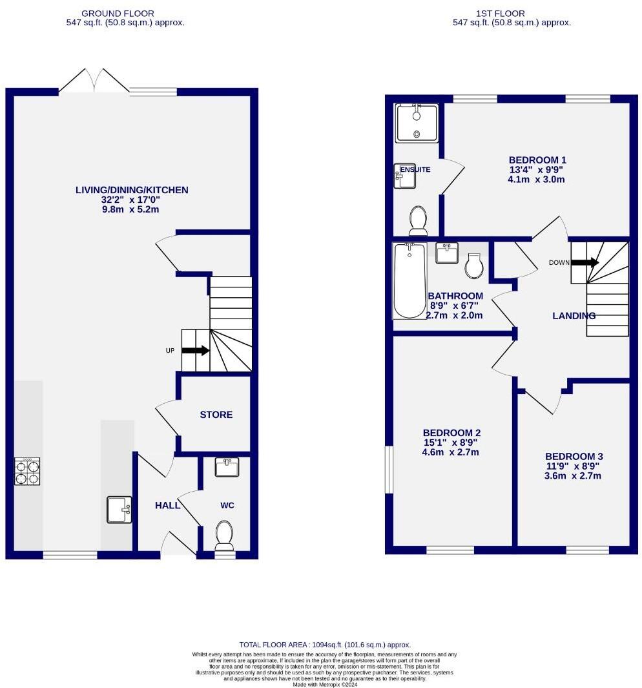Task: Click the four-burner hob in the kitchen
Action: [x=27, y=471]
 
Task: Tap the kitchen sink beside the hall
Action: [x=119, y=509]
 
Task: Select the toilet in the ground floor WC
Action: [x=224, y=536]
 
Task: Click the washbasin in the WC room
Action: [x=226, y=466]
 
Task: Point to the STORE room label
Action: [x=216, y=415]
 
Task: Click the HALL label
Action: [x=167, y=505]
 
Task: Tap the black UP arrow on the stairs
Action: [x=196, y=351]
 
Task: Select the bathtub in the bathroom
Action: [x=409, y=280]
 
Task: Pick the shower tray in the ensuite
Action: [x=417, y=123]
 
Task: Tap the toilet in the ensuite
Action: [x=418, y=220]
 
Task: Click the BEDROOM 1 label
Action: [x=537, y=160]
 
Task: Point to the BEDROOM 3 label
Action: [x=573, y=456]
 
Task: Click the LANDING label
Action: [x=574, y=316]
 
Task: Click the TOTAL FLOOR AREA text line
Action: [x=325, y=645]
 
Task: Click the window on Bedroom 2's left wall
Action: [x=389, y=470]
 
